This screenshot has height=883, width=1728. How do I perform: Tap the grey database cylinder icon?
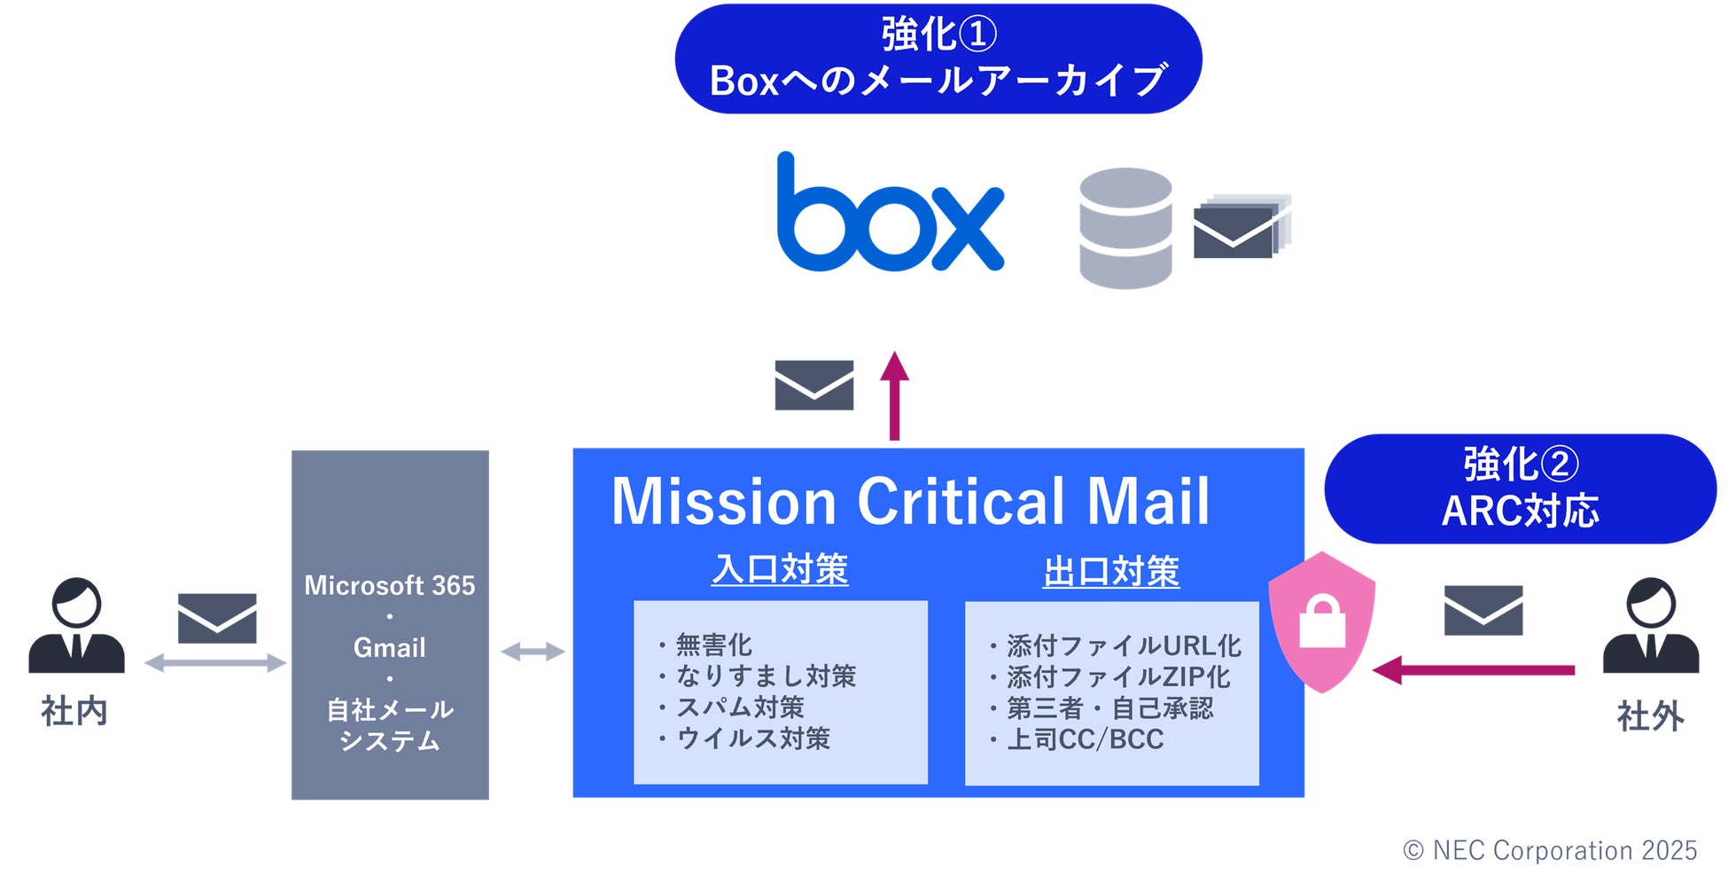pyautogui.click(x=1125, y=228)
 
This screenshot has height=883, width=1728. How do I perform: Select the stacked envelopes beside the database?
pyautogui.click(x=1240, y=227)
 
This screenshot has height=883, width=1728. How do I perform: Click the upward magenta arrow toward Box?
pyautogui.click(x=894, y=395)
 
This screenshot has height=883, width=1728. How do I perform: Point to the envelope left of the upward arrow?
pyautogui.click(x=813, y=385)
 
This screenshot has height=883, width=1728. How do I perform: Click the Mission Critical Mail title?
pyautogui.click(x=910, y=501)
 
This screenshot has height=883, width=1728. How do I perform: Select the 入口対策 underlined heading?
pyautogui.click(x=780, y=569)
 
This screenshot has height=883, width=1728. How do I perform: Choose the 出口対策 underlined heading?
pyautogui.click(x=1111, y=571)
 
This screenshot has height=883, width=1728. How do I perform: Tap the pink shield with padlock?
pyautogui.click(x=1321, y=621)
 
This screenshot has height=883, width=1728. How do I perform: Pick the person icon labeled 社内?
pyautogui.click(x=76, y=626)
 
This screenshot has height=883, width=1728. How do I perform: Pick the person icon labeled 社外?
pyautogui.click(x=1650, y=626)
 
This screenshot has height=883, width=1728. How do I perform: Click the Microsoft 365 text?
pyautogui.click(x=390, y=585)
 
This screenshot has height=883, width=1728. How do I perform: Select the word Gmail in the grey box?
pyautogui.click(x=390, y=648)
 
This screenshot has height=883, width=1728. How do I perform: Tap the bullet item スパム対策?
pyautogui.click(x=739, y=707)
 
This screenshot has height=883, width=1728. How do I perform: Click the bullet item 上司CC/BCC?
pyautogui.click(x=1084, y=739)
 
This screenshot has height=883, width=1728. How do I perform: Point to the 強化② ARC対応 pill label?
pyautogui.click(x=1520, y=488)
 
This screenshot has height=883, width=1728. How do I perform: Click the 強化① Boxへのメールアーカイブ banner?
pyautogui.click(x=938, y=59)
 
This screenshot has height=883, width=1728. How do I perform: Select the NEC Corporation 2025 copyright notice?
pyautogui.click(x=1550, y=850)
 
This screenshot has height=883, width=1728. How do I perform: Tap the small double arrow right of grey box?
pyautogui.click(x=533, y=652)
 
